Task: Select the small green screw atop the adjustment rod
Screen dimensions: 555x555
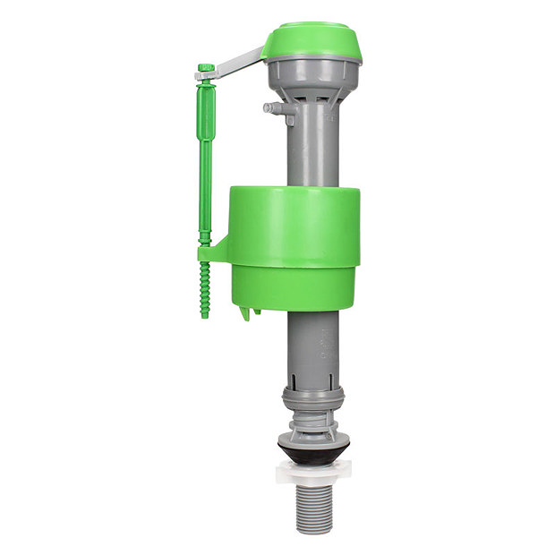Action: pyautogui.click(x=205, y=67)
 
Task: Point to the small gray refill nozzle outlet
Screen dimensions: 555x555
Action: pyautogui.click(x=270, y=108)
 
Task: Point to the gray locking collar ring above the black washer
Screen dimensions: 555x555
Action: pyautogui.click(x=313, y=393)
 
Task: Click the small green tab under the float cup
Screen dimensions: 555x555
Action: pyautogui.click(x=247, y=312)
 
